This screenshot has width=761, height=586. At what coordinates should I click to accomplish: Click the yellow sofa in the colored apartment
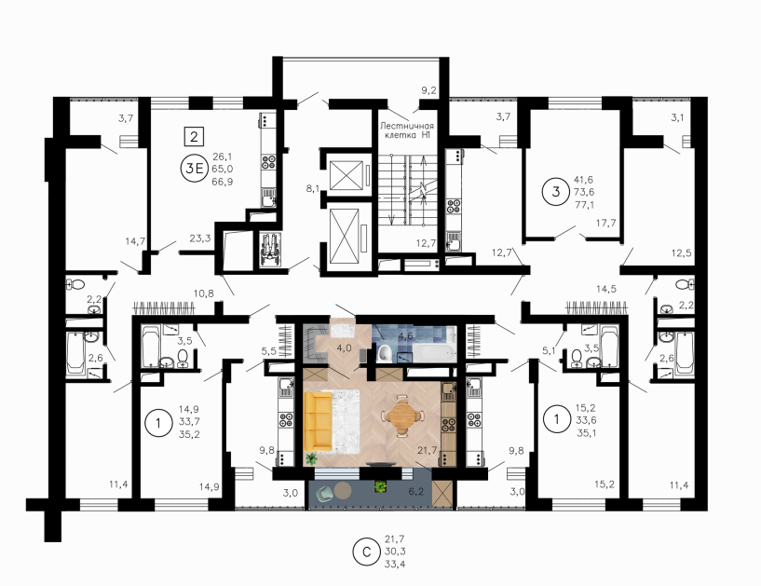pos(318,421)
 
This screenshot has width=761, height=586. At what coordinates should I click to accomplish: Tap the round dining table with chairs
pos(401,416)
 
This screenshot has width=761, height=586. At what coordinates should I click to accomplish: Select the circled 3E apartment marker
pos(194,169)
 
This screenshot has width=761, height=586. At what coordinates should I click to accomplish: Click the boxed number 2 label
pos(194,136)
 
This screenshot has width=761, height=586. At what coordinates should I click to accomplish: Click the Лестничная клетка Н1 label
pos(407,130)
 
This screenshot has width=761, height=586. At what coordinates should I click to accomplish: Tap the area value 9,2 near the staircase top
pos(428,89)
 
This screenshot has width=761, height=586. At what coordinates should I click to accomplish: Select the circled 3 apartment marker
pos(556,192)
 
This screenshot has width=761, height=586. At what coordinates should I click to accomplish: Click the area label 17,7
pos(605,223)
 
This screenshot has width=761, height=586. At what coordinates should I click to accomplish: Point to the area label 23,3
pos(199,238)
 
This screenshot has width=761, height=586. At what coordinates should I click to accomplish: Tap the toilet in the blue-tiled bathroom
pos(384,353)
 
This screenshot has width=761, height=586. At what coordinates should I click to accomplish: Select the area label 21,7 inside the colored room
pos(428,451)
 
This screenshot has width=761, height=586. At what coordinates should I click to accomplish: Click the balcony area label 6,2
pos(416,492)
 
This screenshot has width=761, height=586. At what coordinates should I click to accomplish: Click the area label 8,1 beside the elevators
pos(313,188)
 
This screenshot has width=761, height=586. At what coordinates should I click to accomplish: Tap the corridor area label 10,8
pos(203,293)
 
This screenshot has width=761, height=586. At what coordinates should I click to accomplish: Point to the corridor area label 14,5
pos(606,289)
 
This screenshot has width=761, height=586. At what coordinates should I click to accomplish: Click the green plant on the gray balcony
pos(380,485)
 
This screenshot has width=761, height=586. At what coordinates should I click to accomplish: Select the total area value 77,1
pos(584,205)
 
